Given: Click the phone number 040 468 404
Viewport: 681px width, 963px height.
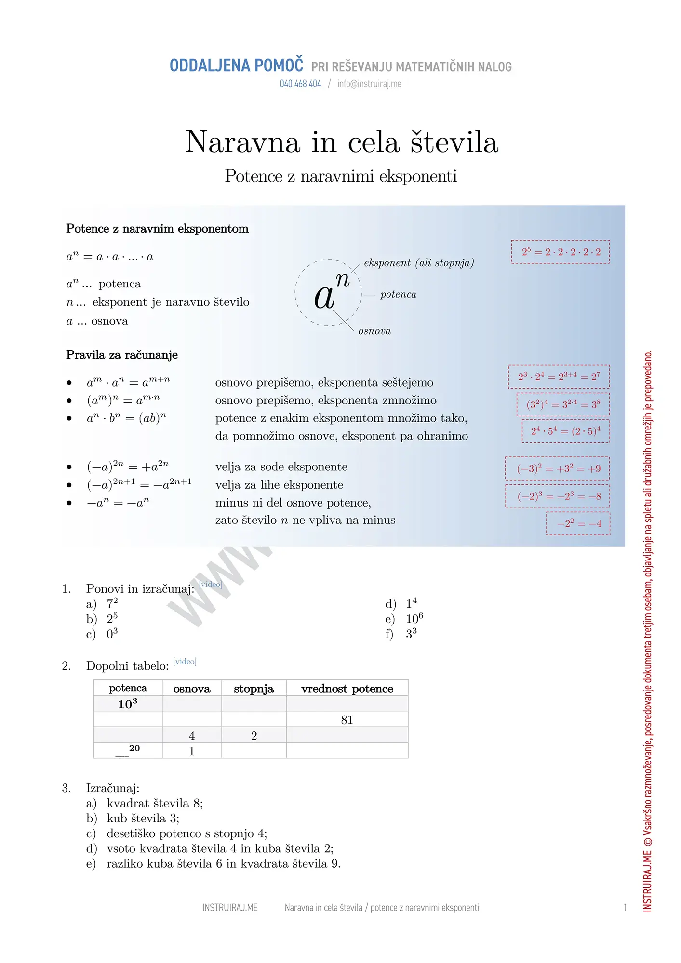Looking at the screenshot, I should tap(300, 84).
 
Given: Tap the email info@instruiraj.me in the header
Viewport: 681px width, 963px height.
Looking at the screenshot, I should tap(369, 84).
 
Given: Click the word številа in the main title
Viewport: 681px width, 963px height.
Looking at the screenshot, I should tap(454, 143).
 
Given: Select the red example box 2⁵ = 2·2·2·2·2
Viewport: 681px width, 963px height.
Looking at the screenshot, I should tap(561, 252).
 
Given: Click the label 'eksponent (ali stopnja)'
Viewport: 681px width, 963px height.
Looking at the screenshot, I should tap(419, 263).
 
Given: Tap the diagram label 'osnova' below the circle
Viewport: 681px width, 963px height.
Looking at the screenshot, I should tap(374, 331).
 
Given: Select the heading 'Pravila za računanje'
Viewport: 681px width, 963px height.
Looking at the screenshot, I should tap(122, 355).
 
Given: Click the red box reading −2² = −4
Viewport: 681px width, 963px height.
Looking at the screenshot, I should tap(578, 523).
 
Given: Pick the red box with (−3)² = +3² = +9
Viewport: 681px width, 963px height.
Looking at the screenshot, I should tap(558, 468).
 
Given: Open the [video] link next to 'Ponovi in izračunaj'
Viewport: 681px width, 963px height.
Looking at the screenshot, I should tap(211, 584).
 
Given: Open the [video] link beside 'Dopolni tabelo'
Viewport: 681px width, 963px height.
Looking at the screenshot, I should tap(185, 661).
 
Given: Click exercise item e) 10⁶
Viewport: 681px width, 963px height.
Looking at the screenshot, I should tap(414, 619).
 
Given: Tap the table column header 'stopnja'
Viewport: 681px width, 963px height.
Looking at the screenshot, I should tap(254, 689).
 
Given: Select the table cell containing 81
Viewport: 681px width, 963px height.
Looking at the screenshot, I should tap(347, 720).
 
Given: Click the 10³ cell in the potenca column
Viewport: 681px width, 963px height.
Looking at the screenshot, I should tap(128, 704).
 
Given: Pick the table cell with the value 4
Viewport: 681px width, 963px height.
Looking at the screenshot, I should tap(192, 736).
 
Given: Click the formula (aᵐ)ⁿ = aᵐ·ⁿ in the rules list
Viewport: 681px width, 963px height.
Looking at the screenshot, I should tap(123, 400).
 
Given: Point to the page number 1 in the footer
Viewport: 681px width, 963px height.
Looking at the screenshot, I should tap(625, 908).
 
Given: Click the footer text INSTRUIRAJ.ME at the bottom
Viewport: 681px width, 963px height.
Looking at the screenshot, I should tap(230, 908).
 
